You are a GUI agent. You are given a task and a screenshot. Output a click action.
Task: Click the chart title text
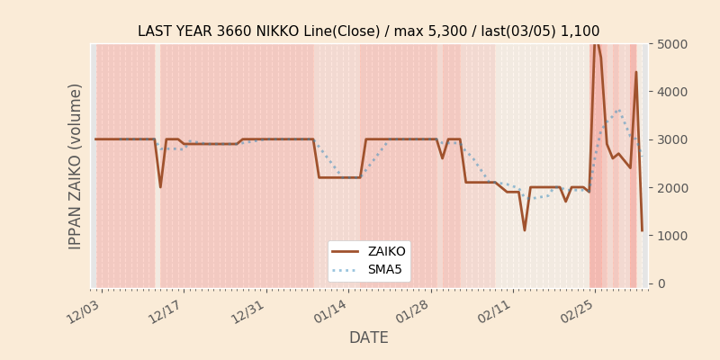pos(368,31)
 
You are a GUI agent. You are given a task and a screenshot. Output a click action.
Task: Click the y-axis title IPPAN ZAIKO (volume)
pos(76,166)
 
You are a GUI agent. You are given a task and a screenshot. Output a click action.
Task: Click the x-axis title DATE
pos(368,337)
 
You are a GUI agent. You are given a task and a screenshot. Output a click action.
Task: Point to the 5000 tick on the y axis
pos(673,44)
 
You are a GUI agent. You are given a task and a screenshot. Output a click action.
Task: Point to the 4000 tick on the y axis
pos(673,92)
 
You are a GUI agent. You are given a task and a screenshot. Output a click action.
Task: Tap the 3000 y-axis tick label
pos(673,139)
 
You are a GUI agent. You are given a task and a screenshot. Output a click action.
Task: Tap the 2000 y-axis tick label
pos(673,187)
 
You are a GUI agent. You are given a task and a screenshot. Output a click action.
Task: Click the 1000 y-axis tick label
pos(673,235)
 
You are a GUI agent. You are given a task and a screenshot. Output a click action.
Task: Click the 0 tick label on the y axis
pos(661,283)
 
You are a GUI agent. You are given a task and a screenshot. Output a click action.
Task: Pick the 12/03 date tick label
pos(85,311)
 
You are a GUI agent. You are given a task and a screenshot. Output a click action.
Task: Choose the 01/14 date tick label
pos(331,311)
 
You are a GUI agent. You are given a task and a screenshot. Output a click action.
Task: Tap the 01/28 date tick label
pos(413,311)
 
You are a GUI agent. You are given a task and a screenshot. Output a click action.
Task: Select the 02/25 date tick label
pos(578,311)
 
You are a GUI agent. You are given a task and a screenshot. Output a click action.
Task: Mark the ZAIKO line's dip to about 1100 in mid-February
pos(525,230)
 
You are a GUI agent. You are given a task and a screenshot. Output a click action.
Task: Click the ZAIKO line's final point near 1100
pos(642,230)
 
